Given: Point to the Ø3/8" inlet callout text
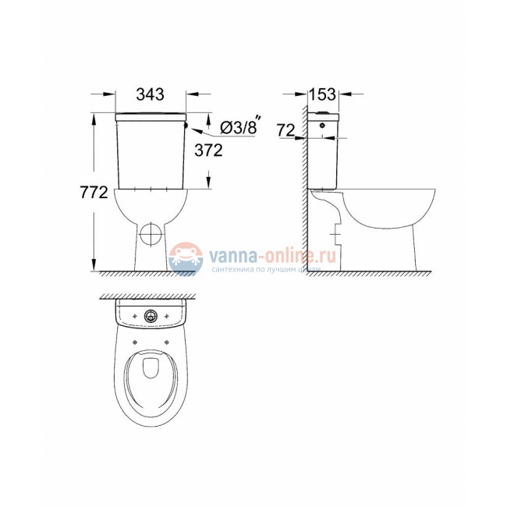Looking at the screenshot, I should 239,127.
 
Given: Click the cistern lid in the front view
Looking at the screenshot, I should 150,116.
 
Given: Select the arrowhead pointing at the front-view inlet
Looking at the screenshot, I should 193,124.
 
